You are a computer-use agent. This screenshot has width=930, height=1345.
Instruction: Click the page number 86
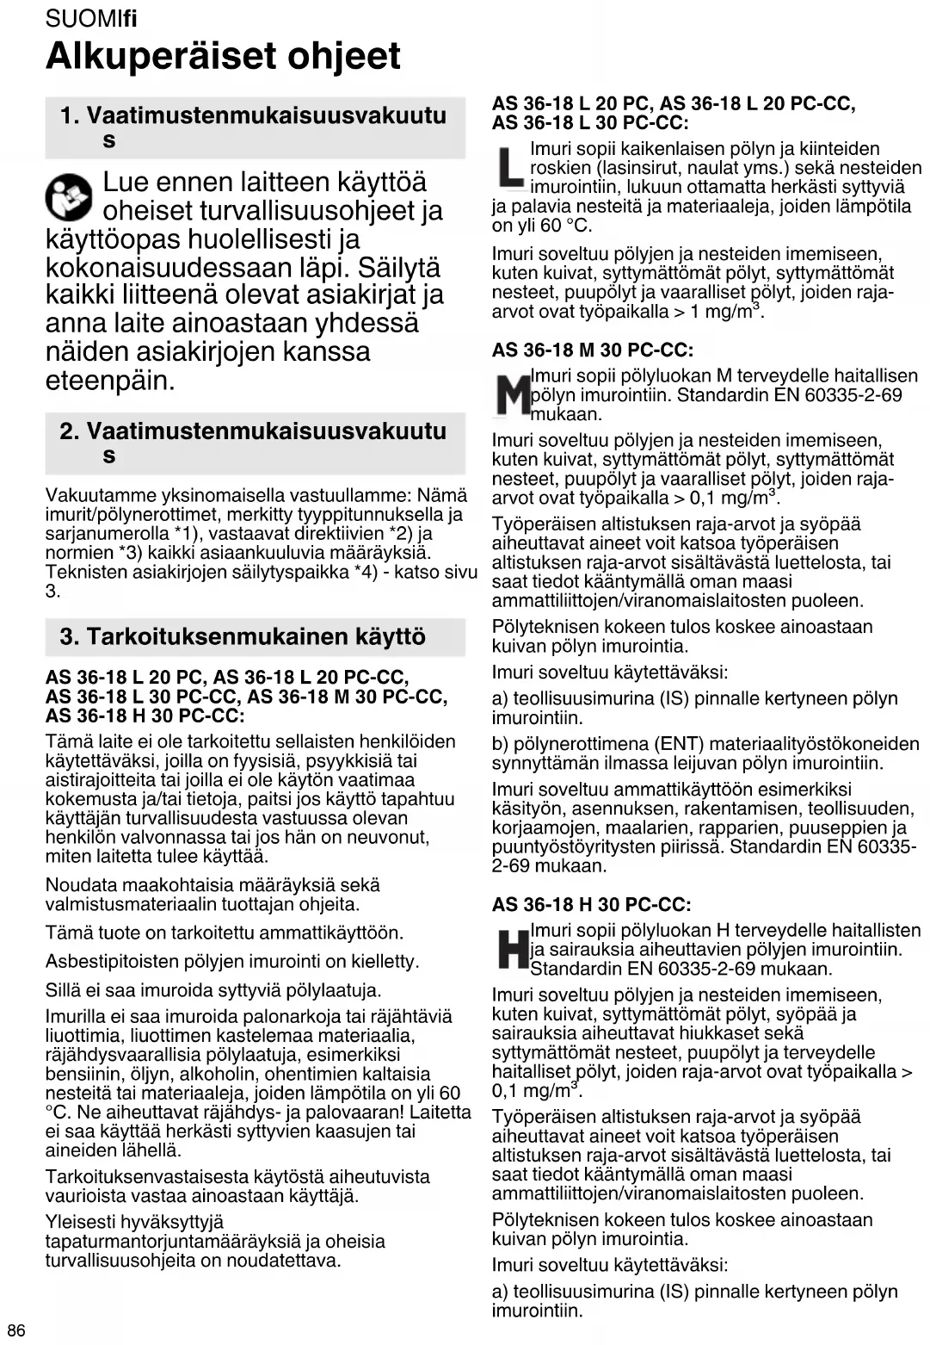pos(15,1330)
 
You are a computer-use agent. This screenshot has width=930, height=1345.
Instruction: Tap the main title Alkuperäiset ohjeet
pos(223,56)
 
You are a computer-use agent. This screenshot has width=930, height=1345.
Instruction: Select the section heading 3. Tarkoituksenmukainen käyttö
pos(243,637)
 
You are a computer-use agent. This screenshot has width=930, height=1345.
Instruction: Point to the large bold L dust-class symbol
pos(509,169)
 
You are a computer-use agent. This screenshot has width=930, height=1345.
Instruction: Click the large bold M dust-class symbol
pos(513,394)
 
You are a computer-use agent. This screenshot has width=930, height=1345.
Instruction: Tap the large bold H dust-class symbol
pos(512,949)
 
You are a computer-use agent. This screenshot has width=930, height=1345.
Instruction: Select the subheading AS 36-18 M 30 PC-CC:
pos(592,350)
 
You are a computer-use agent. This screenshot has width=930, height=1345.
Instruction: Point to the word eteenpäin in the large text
pos(110,380)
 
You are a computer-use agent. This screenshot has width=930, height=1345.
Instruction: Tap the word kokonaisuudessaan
pos(173,267)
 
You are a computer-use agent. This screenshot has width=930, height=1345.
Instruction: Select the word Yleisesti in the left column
pos(75,1222)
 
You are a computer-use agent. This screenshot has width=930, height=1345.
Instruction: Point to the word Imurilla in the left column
pos(73,1017)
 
